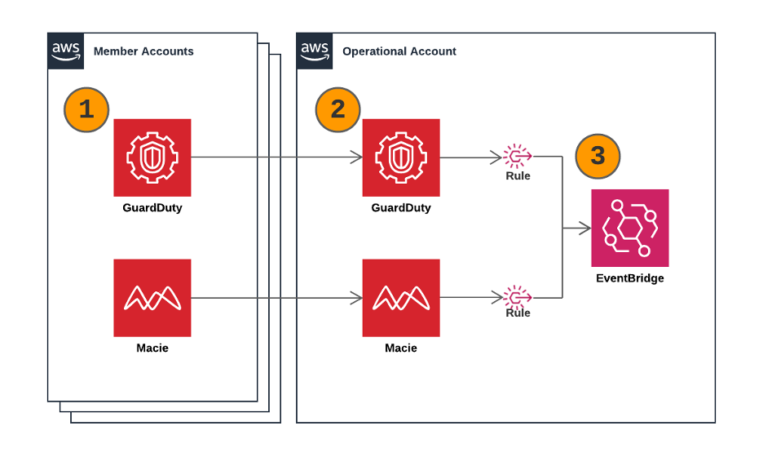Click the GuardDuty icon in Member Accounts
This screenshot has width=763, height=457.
tap(152, 158)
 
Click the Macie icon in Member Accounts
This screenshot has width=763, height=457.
tap(152, 298)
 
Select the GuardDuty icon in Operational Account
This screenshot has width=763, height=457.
tap(401, 158)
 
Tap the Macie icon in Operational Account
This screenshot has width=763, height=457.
tap(401, 298)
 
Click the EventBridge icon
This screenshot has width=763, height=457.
tap(630, 228)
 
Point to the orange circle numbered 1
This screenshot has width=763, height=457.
tap(86, 109)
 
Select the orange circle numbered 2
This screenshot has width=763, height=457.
tap(337, 109)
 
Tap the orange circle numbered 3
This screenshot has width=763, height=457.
tap(598, 155)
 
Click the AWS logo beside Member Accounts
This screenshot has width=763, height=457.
tap(66, 51)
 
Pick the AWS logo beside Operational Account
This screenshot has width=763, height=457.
tap(315, 51)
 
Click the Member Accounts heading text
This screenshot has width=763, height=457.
tap(143, 51)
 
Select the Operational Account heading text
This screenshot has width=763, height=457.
tap(399, 51)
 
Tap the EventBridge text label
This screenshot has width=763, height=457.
tap(630, 278)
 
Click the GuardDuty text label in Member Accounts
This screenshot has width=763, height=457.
tap(152, 208)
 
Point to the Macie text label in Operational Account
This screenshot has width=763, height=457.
tap(401, 348)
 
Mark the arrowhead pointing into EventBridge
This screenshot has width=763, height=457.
tap(585, 228)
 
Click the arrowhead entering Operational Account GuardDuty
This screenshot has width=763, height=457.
tap(357, 158)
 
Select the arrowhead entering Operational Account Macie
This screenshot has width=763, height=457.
tap(357, 298)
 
